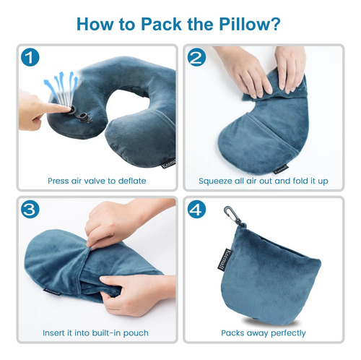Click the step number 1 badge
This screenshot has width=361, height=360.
click(30, 57)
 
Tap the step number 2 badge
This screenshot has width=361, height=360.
click(196, 57)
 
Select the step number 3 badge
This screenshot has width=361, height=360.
click(30, 210)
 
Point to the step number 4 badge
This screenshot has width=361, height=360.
click(196, 210)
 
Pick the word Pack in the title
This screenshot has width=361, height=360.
click(161, 24)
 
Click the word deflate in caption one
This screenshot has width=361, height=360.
click(132, 181)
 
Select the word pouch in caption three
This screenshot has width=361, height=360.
click(136, 333)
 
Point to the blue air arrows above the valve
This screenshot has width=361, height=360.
click(61, 88)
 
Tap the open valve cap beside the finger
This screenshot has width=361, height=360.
click(86, 118)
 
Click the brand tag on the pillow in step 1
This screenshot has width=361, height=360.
click(167, 163)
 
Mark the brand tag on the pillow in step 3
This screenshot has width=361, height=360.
click(52, 291)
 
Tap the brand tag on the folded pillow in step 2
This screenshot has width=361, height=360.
click(282, 169)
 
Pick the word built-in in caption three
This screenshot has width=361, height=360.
click(104, 333)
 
